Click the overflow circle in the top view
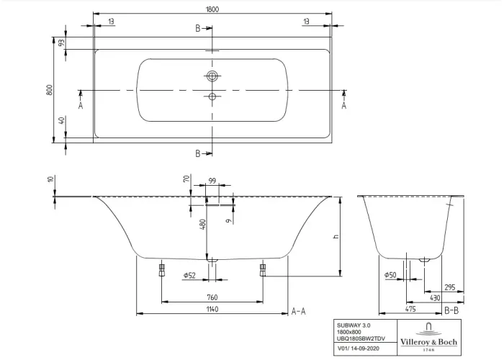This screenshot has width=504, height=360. coord(212,76)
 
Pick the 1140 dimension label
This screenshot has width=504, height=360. coord(213,309)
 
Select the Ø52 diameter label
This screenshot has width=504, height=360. coord(189,276)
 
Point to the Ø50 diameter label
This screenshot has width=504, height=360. coord(390,275)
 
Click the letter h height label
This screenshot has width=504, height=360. coord(336,238)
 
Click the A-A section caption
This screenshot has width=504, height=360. coord(299,310)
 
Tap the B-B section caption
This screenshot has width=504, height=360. coord(452,310)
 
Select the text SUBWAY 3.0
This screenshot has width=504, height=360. coord(352,325)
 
